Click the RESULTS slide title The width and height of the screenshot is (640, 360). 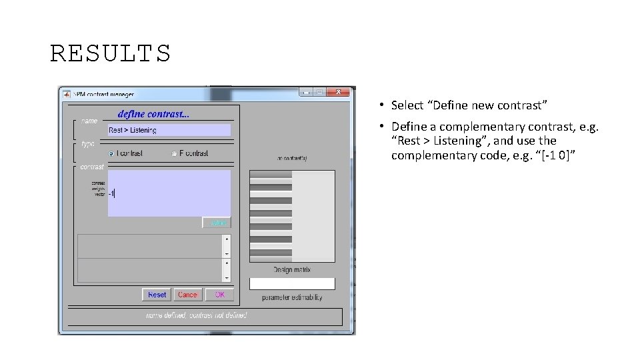(x=111, y=53)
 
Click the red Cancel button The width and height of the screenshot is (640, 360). (x=187, y=295)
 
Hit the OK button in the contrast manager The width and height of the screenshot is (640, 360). (x=219, y=295)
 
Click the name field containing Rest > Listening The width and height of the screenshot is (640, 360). (x=169, y=130)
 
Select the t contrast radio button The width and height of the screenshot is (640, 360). (x=111, y=153)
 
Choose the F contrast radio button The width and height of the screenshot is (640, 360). (x=174, y=153)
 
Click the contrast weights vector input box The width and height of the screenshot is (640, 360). (x=169, y=193)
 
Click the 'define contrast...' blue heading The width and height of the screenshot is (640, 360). (x=153, y=114)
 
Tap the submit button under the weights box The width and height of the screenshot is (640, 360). (x=217, y=223)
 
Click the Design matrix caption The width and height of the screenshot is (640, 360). (x=292, y=270)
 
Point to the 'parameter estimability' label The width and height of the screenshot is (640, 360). (x=292, y=297)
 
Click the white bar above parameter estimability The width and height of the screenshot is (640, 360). (x=292, y=283)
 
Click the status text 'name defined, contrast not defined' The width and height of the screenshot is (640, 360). (x=197, y=315)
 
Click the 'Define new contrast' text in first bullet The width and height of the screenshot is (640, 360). (x=469, y=105)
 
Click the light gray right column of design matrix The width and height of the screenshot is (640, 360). (x=313, y=217)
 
